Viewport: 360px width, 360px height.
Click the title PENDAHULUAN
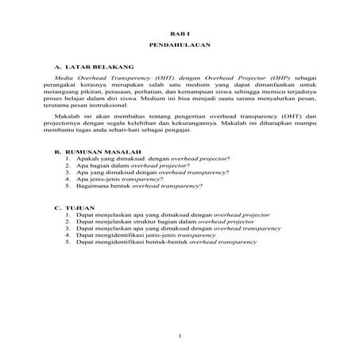point(180,47)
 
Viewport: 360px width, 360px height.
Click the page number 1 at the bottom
point(180,338)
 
